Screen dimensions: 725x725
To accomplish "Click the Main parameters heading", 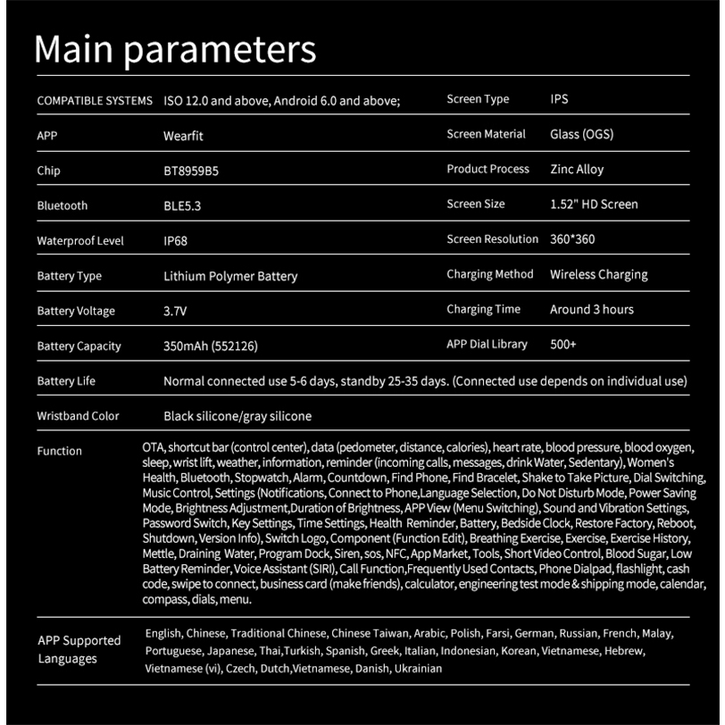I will tap(175, 49).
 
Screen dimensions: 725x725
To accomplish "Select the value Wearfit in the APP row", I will tap(184, 136).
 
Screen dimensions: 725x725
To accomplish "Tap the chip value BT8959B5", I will tap(191, 171).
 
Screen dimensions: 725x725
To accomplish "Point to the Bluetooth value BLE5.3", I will tap(182, 205).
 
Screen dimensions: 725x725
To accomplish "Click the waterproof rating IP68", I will tap(175, 241).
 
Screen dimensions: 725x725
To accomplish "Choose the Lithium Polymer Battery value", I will tap(230, 276).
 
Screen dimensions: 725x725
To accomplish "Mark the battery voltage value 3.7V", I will tap(177, 312).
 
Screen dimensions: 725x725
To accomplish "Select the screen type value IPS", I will tap(559, 99).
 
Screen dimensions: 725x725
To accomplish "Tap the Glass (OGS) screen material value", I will tap(581, 135).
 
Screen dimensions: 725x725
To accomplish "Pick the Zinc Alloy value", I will tap(577, 169).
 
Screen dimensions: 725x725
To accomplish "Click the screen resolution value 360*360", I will tap(573, 239).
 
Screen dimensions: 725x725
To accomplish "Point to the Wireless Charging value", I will tap(599, 274).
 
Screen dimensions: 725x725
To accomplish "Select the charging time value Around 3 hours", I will tap(592, 310).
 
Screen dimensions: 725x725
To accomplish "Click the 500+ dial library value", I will tap(563, 345).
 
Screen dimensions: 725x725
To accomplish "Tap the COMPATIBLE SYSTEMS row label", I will tap(95, 101).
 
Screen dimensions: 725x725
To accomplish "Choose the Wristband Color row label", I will tap(78, 416).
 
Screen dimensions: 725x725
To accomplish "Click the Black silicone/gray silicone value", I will tap(237, 416).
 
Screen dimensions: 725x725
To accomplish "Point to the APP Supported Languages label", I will tap(79, 649).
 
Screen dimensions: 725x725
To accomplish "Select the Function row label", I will tap(59, 451).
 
